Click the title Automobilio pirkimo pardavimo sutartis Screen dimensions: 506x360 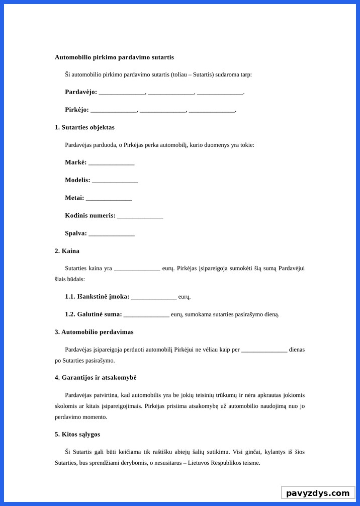point(114,57)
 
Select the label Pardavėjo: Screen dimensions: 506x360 point(81,92)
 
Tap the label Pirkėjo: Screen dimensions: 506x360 point(77,110)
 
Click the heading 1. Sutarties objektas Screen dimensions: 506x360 point(84,127)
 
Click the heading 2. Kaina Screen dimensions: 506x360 point(67,251)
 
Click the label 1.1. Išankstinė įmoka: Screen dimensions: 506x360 point(97,297)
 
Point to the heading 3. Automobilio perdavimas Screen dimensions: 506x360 point(94,332)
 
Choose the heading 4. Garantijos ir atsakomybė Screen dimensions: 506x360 point(96,377)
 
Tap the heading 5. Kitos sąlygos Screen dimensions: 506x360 point(77,434)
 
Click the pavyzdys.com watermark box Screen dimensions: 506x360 point(318,493)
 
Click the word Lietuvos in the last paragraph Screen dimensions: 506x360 point(197,463)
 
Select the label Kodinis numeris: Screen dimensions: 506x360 point(90,216)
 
